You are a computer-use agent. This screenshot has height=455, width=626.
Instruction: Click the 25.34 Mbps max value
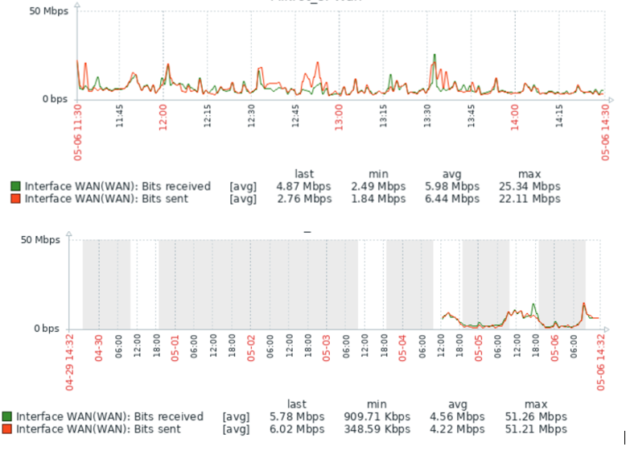point(529,186)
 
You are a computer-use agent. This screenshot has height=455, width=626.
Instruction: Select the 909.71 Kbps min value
point(377,417)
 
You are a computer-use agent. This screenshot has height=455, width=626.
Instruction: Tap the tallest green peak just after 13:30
point(434,56)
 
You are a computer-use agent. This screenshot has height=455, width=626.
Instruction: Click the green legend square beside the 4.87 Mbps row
point(15,186)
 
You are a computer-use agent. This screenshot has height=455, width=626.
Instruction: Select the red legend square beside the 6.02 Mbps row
point(7,429)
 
